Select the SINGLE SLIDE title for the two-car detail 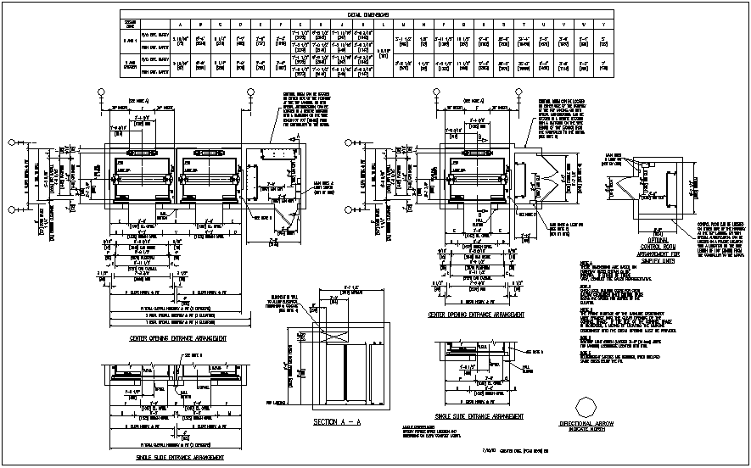(x=180, y=457)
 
